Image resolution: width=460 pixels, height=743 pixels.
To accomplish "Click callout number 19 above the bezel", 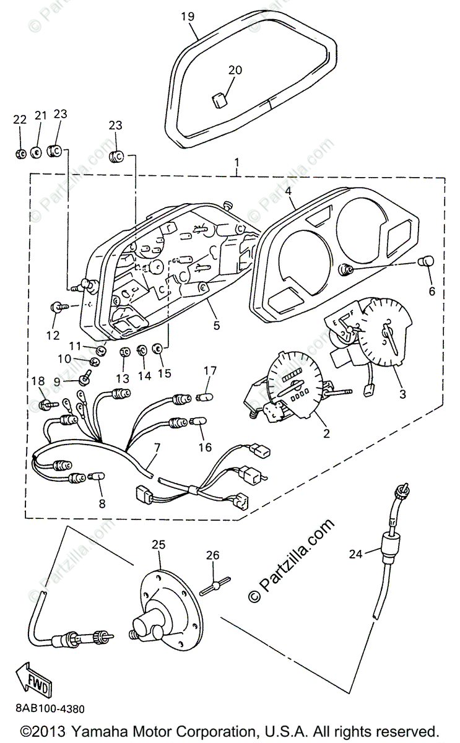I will click(188, 17).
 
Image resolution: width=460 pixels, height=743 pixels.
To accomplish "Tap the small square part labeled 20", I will click(219, 99).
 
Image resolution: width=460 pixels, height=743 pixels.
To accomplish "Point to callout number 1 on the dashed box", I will click(237, 163).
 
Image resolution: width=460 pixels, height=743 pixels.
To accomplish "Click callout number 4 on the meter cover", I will click(289, 191).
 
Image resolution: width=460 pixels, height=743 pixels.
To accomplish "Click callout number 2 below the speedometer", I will click(326, 433).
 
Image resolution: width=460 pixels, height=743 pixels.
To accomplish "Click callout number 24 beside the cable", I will click(355, 555).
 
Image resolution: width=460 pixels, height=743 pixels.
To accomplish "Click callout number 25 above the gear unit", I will click(159, 545).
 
